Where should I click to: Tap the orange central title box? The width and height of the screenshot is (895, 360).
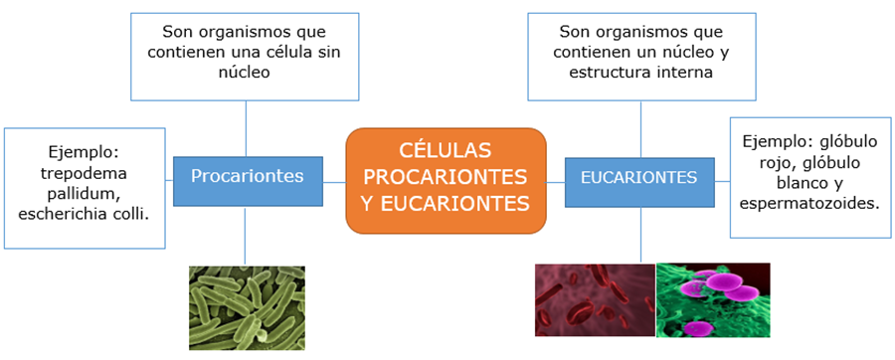[446, 181]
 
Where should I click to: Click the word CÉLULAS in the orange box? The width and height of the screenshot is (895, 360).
[446, 150]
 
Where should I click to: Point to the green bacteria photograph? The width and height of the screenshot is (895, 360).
[247, 308]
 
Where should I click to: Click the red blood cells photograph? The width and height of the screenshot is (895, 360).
[595, 300]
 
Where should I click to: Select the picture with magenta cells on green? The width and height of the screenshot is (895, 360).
[713, 300]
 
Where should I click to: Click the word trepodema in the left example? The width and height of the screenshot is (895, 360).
[85, 174]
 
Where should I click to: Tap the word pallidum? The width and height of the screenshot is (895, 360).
[85, 194]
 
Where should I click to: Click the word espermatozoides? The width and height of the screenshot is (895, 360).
[809, 204]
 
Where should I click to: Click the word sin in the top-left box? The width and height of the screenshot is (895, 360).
[329, 53]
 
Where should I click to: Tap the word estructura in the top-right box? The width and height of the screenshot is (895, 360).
[600, 73]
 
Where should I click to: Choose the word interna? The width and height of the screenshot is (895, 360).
[682, 73]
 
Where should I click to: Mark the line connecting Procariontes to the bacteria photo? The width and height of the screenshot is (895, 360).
[246, 236]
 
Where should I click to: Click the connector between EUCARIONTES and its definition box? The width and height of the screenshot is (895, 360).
[640, 129]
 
